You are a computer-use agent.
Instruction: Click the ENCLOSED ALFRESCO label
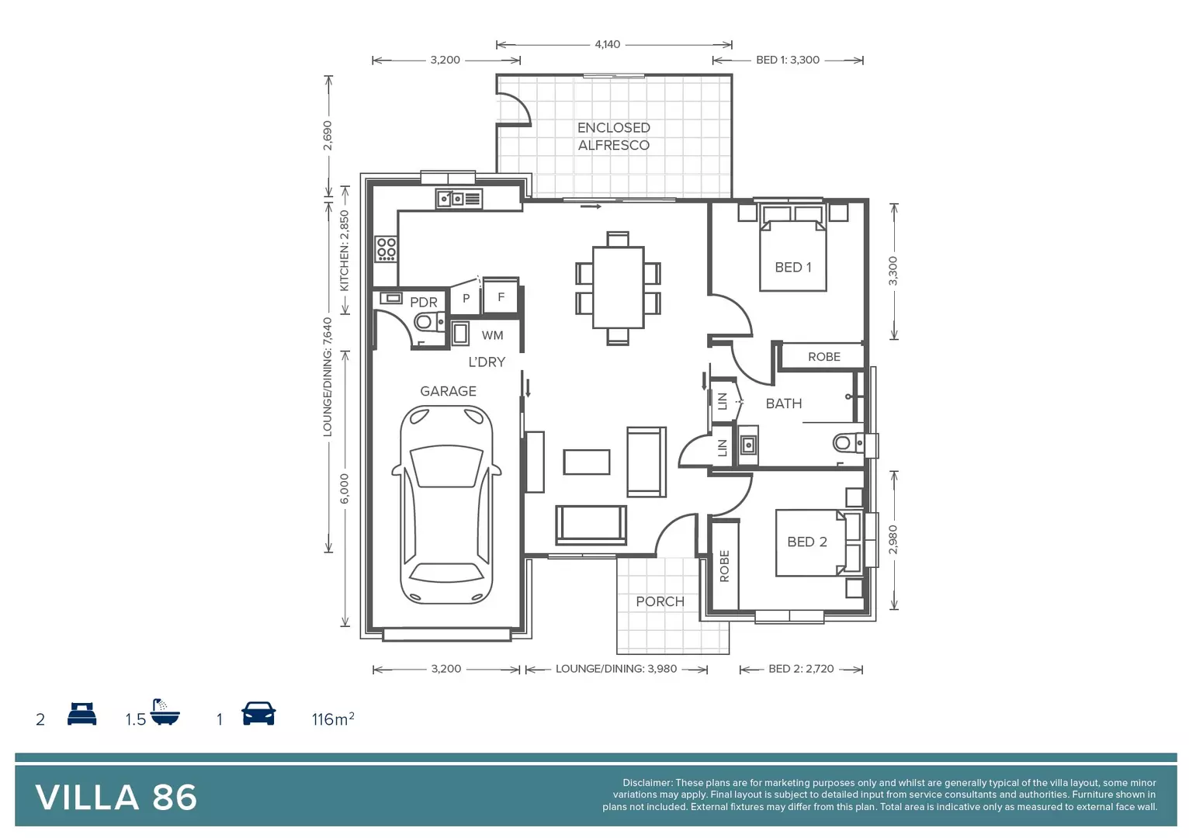point(613,137)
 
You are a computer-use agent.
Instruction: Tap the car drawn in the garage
point(446,504)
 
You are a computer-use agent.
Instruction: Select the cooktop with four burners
point(386,248)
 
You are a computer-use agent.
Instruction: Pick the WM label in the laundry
point(492,335)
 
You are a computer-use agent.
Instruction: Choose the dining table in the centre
point(618,287)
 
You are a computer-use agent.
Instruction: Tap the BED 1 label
point(792,267)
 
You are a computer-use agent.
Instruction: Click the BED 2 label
point(806,542)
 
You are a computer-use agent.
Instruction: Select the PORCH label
point(660,601)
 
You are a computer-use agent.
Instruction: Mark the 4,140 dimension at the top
point(607,44)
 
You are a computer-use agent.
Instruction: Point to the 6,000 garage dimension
point(345,488)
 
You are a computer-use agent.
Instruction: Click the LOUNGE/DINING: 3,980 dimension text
point(616,669)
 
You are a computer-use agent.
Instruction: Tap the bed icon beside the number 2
point(81,714)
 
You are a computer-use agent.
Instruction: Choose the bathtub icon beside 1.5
point(165,712)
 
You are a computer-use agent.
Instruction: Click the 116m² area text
point(333,719)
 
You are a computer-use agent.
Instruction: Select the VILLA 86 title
point(116,798)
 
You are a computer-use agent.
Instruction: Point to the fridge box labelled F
point(501,296)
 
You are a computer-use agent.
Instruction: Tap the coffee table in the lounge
point(586,462)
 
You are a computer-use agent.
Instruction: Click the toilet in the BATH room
point(847,443)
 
